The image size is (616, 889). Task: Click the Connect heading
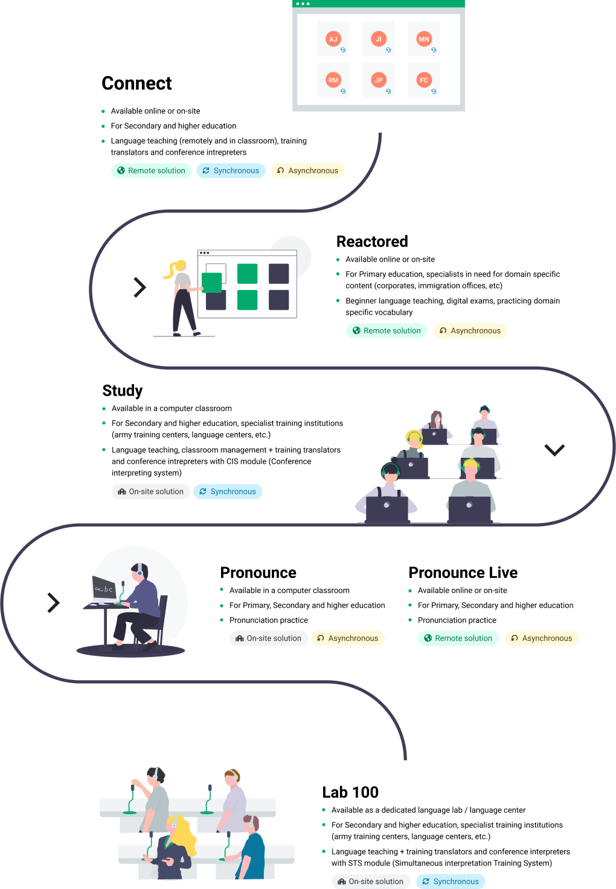click(136, 83)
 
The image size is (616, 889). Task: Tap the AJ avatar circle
click(333, 39)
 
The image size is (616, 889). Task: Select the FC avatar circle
click(424, 80)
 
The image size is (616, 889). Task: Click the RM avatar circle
click(333, 80)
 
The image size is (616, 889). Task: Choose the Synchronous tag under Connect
click(231, 171)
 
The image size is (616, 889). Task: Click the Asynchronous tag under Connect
click(308, 171)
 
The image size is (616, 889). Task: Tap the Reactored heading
click(372, 242)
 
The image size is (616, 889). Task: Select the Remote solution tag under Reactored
click(387, 330)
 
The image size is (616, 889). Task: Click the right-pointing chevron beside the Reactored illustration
click(140, 287)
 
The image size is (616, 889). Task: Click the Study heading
click(123, 391)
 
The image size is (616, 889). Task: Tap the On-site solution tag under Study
click(151, 492)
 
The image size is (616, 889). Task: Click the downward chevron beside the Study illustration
click(554, 450)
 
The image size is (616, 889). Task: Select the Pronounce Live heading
click(463, 573)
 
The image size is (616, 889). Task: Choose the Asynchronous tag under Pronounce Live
click(542, 638)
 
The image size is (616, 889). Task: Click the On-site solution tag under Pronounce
click(269, 638)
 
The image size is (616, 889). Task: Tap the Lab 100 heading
click(350, 792)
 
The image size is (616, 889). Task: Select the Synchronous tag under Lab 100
click(451, 882)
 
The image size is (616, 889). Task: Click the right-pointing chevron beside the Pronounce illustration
click(54, 603)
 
